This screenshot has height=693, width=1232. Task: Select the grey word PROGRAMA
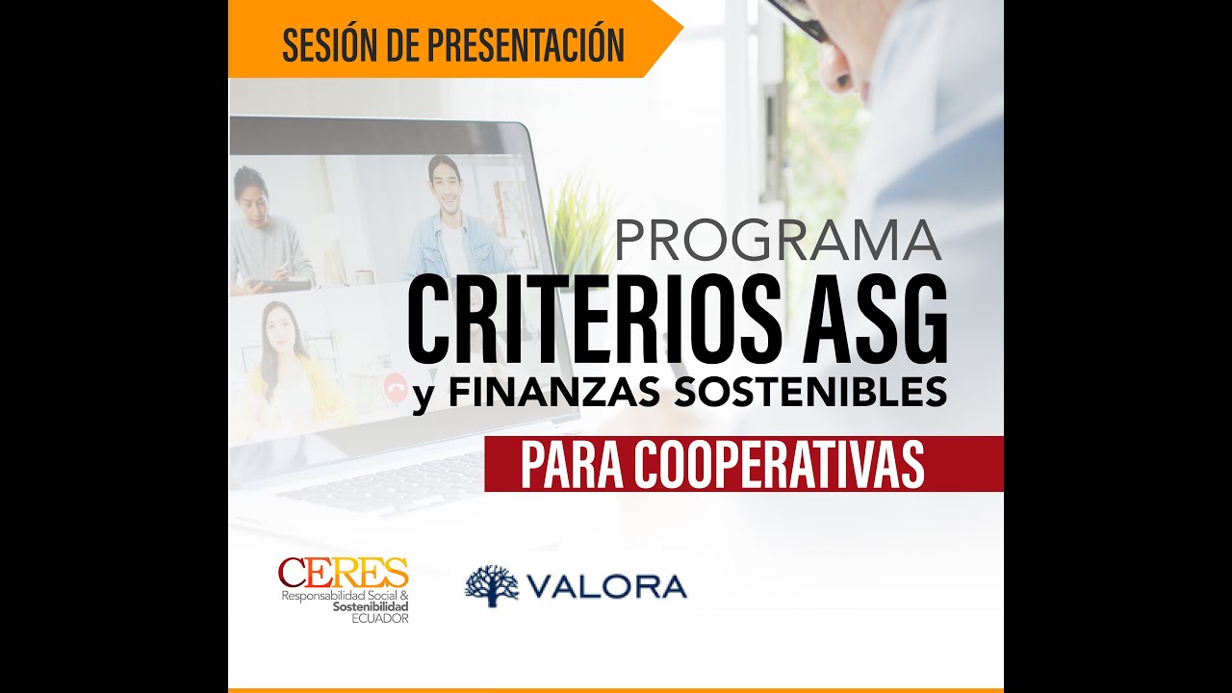click(778, 242)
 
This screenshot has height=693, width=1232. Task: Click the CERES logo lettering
click(343, 574)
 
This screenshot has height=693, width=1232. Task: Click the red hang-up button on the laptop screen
click(393, 387)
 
